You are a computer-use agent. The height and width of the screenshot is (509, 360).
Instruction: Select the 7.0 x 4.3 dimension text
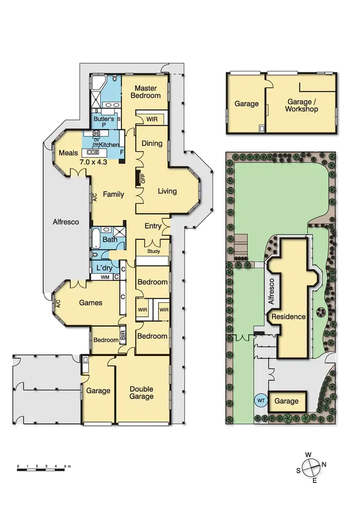(93, 162)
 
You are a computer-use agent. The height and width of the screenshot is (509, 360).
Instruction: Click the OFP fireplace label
(143, 178)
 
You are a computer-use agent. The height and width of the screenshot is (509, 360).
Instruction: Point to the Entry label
(154, 226)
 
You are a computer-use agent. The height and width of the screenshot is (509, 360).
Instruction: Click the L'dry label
(104, 267)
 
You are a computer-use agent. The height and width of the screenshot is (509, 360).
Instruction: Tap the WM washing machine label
(104, 277)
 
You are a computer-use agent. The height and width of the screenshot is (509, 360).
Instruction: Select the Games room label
(91, 303)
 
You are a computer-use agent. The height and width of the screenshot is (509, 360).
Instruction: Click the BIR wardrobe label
(123, 335)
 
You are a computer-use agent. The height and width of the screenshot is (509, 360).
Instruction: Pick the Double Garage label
(141, 393)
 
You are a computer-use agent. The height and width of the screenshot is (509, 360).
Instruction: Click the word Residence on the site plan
(288, 317)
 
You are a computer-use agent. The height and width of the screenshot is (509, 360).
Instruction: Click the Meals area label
(68, 153)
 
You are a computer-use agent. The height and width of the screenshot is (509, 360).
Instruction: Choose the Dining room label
(152, 143)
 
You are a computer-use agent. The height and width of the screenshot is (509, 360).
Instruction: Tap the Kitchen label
(109, 144)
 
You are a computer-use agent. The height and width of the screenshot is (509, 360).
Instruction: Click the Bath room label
(109, 239)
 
